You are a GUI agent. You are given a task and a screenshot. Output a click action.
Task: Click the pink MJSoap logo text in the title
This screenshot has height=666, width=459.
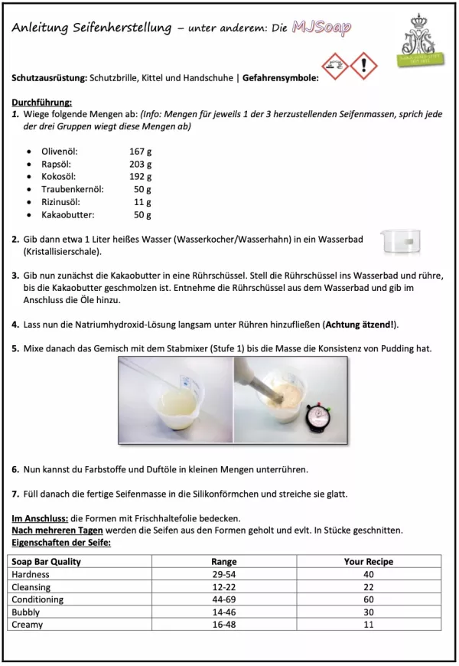point(321,29)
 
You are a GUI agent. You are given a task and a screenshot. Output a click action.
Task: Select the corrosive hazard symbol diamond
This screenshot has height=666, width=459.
point(335,66)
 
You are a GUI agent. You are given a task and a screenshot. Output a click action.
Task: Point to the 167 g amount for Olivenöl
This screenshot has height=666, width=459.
point(141,151)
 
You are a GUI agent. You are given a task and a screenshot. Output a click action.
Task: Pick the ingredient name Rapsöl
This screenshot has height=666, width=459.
point(57,164)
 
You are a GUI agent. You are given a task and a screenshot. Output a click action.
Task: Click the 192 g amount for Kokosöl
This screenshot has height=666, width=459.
point(141,176)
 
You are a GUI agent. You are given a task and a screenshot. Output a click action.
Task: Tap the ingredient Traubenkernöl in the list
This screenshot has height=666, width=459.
point(73,189)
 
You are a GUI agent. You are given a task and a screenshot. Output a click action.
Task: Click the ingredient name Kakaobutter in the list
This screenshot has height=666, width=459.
point(67,215)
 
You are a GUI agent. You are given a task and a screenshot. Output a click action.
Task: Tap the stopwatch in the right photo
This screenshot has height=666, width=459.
point(317,419)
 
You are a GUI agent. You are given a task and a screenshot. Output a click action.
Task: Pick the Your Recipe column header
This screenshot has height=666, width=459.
point(369,561)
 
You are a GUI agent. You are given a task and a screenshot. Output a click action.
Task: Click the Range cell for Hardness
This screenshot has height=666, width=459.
point(223,574)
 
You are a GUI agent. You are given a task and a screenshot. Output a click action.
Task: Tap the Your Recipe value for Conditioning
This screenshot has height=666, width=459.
point(369,599)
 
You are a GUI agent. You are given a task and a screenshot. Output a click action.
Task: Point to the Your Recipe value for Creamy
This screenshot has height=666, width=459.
point(369,625)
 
